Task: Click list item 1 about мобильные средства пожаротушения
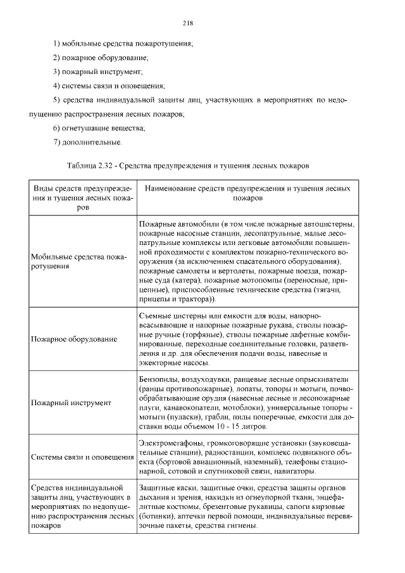point(123,43)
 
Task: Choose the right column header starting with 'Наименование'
point(247,193)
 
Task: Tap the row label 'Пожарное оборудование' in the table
point(74,339)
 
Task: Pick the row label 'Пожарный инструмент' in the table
point(71,403)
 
